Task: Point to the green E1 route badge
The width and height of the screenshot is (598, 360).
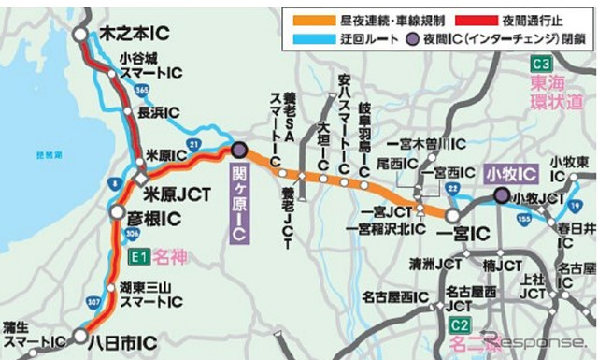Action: point(138,254)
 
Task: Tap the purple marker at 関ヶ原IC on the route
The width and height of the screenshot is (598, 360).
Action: point(238,149)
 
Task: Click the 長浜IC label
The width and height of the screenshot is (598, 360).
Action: point(156,112)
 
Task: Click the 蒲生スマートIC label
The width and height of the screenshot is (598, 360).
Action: point(33,334)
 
